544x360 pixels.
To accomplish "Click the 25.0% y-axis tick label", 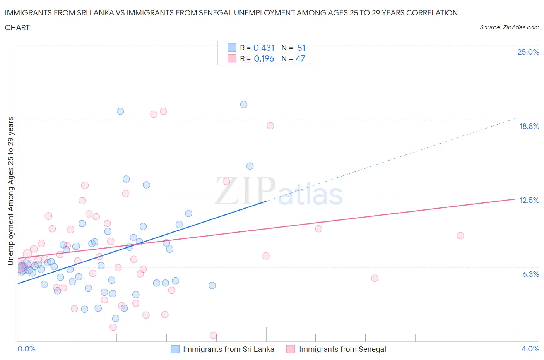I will pyautogui.click(x=528, y=52).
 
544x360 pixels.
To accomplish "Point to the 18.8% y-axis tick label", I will pyautogui.click(x=529, y=126).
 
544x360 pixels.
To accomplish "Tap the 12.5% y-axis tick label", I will pyautogui.click(x=529, y=200).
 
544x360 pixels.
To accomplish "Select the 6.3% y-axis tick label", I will pyautogui.click(x=530, y=274).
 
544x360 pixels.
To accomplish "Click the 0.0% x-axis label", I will pyautogui.click(x=26, y=349).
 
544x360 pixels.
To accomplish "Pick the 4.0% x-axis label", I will pyautogui.click(x=530, y=349).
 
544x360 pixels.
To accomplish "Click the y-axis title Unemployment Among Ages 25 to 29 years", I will pyautogui.click(x=10, y=191).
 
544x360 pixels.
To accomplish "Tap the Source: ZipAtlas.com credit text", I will pyautogui.click(x=509, y=27).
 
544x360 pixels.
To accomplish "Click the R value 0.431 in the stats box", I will pyautogui.click(x=264, y=48).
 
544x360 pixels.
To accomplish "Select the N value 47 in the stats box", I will pyautogui.click(x=300, y=58).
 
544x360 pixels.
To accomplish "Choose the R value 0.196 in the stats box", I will pyautogui.click(x=264, y=58).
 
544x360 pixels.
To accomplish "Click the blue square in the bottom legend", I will pyautogui.click(x=175, y=349).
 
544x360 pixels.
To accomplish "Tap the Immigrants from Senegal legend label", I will pyautogui.click(x=342, y=349).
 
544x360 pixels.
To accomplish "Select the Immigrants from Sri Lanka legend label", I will pyautogui.click(x=228, y=349).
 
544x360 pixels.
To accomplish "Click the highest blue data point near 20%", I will pyautogui.click(x=244, y=105).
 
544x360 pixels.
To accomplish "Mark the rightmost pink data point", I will pyautogui.click(x=460, y=236).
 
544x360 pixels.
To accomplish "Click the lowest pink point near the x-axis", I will pyautogui.click(x=213, y=335).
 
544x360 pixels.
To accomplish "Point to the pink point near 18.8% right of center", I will pyautogui.click(x=270, y=126).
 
